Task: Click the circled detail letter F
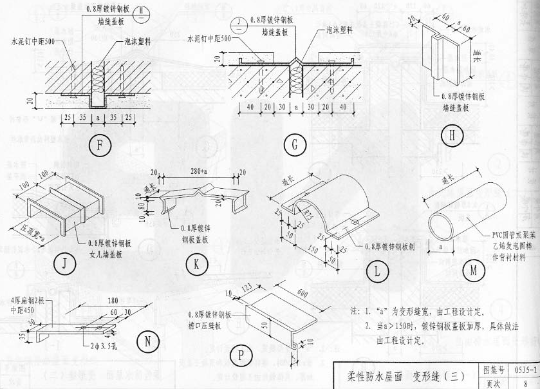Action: click(x=99, y=145)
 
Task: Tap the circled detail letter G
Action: click(x=294, y=145)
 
